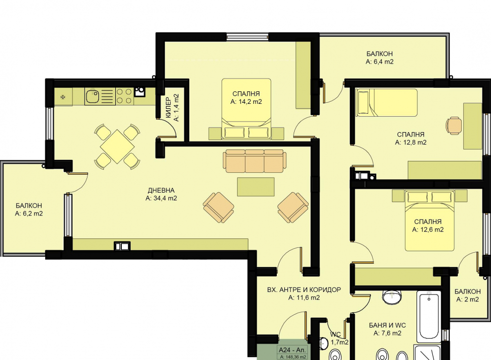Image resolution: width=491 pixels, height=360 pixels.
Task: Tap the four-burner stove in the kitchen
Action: tap(124, 96)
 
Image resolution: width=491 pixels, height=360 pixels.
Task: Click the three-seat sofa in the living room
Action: tap(254, 161)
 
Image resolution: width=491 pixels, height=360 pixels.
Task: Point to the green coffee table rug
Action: tap(255, 187)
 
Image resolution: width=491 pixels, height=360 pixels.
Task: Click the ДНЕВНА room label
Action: tap(162, 190)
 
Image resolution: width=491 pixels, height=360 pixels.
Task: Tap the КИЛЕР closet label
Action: tap(168, 108)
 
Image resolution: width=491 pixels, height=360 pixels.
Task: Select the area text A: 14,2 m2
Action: tap(246, 102)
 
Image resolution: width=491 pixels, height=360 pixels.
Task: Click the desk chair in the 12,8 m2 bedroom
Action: tap(454, 126)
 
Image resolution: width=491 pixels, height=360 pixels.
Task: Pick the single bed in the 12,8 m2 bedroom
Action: tap(387, 103)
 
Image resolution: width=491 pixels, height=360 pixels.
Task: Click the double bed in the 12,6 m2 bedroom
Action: tap(429, 220)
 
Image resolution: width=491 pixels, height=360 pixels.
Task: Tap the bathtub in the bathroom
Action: tap(429, 315)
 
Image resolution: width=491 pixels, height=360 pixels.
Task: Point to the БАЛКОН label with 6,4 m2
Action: tap(380, 54)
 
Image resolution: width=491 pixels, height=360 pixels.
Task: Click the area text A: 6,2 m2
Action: tap(29, 214)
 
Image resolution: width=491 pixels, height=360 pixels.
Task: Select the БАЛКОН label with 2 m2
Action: tap(468, 291)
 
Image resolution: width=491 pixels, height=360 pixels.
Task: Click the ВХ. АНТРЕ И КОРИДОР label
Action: tap(304, 289)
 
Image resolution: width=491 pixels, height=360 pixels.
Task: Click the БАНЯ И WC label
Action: tap(387, 325)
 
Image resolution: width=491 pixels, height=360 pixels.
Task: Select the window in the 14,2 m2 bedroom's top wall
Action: tap(247, 37)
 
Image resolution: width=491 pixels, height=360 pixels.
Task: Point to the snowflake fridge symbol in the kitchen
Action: tap(63, 97)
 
